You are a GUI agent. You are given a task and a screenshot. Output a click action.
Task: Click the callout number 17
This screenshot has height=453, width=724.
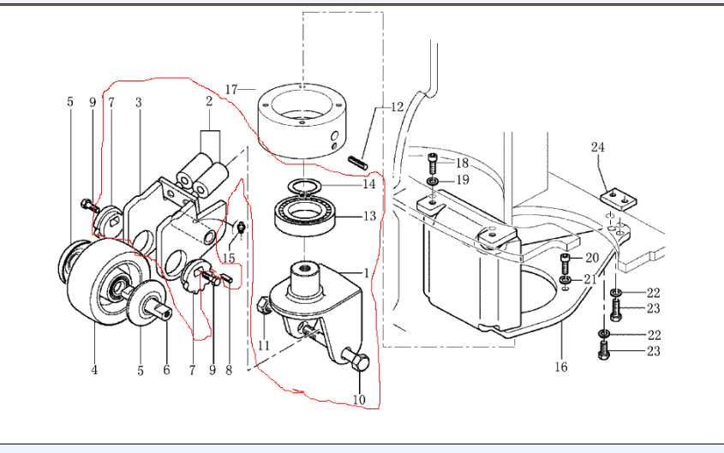230,89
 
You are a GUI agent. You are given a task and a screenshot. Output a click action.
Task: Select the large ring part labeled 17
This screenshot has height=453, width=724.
305,124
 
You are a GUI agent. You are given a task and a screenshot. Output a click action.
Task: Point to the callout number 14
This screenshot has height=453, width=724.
369,184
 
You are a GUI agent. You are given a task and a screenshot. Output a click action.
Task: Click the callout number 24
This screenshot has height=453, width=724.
598,146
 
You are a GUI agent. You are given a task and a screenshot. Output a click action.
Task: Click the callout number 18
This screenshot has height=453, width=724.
461,163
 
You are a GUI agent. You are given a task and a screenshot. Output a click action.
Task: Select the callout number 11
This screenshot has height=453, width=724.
265,344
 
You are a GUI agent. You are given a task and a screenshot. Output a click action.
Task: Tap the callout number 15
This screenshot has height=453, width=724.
229,258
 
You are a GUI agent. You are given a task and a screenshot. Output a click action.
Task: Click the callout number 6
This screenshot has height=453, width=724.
166,370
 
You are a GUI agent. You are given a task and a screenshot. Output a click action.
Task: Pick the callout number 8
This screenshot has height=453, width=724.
229,370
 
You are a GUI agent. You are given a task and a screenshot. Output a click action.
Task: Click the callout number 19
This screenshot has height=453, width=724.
461,181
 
